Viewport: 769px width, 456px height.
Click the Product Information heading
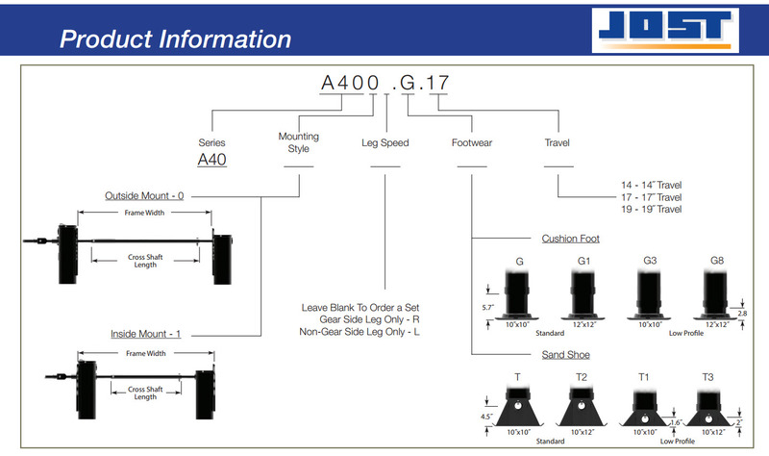(175, 39)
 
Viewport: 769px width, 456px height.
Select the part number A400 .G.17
(384, 83)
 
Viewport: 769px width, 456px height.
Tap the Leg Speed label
(384, 142)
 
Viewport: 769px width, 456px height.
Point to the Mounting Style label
(298, 142)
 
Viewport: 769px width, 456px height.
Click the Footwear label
(472, 142)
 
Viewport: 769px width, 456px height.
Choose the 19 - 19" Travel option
(652, 209)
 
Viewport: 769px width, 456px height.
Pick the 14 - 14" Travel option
(652, 184)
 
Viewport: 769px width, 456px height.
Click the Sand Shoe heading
(566, 355)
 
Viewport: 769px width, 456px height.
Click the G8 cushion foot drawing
(716, 293)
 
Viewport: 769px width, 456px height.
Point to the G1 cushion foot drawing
(583, 293)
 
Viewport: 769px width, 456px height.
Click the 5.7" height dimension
(488, 308)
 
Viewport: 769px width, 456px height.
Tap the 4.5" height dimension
(487, 417)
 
